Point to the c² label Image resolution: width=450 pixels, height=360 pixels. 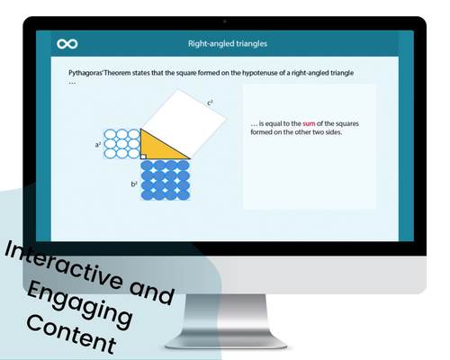(x=210, y=103)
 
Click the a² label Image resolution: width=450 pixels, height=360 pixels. (x=97, y=143)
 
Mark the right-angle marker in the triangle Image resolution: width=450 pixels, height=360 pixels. (x=143, y=156)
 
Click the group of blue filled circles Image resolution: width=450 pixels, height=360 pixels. (x=165, y=180)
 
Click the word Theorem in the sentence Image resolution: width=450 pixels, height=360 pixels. (x=125, y=71)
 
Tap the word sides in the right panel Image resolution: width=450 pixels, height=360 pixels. (x=334, y=133)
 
